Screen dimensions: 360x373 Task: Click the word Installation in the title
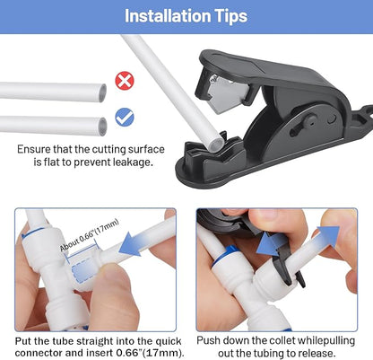[x=168, y=16]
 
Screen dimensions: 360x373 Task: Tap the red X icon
[x=125, y=82]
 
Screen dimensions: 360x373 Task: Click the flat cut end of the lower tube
[x=102, y=124]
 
